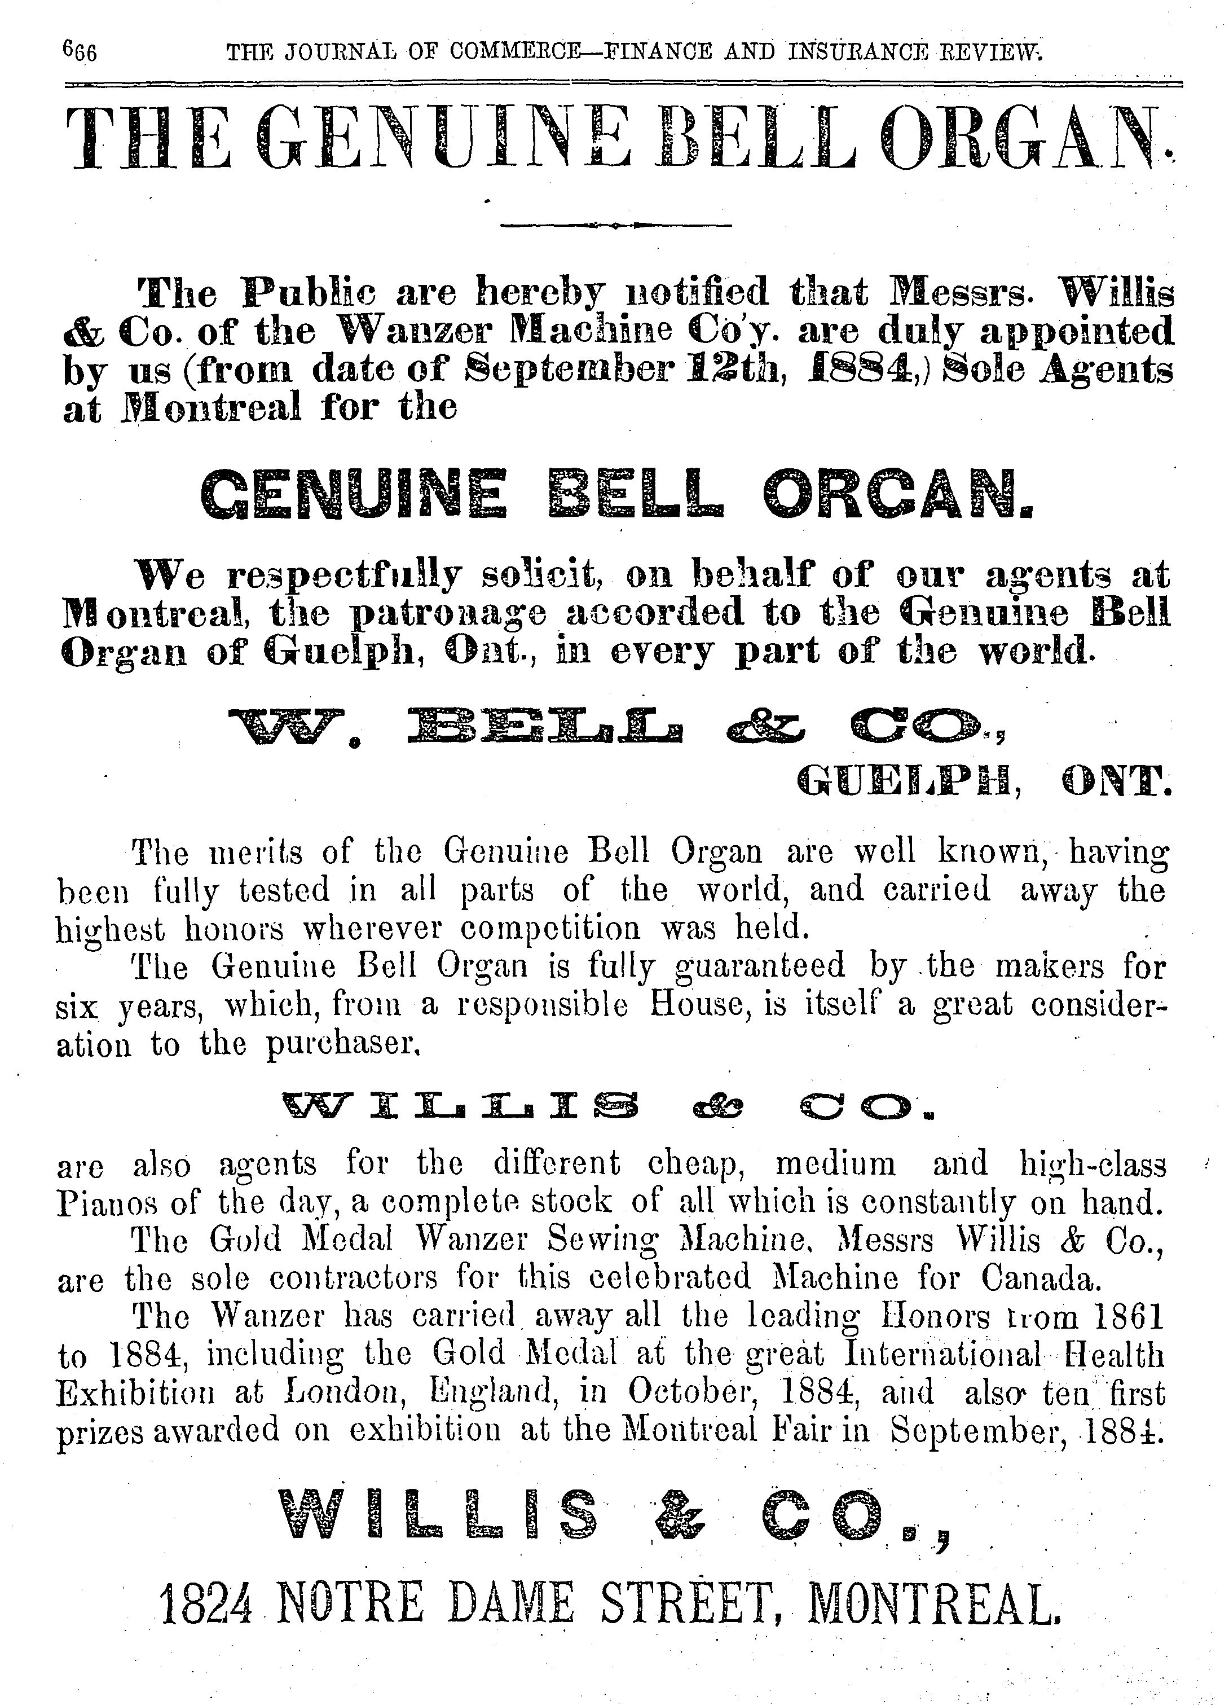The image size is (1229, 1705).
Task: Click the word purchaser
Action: (x=342, y=1045)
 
